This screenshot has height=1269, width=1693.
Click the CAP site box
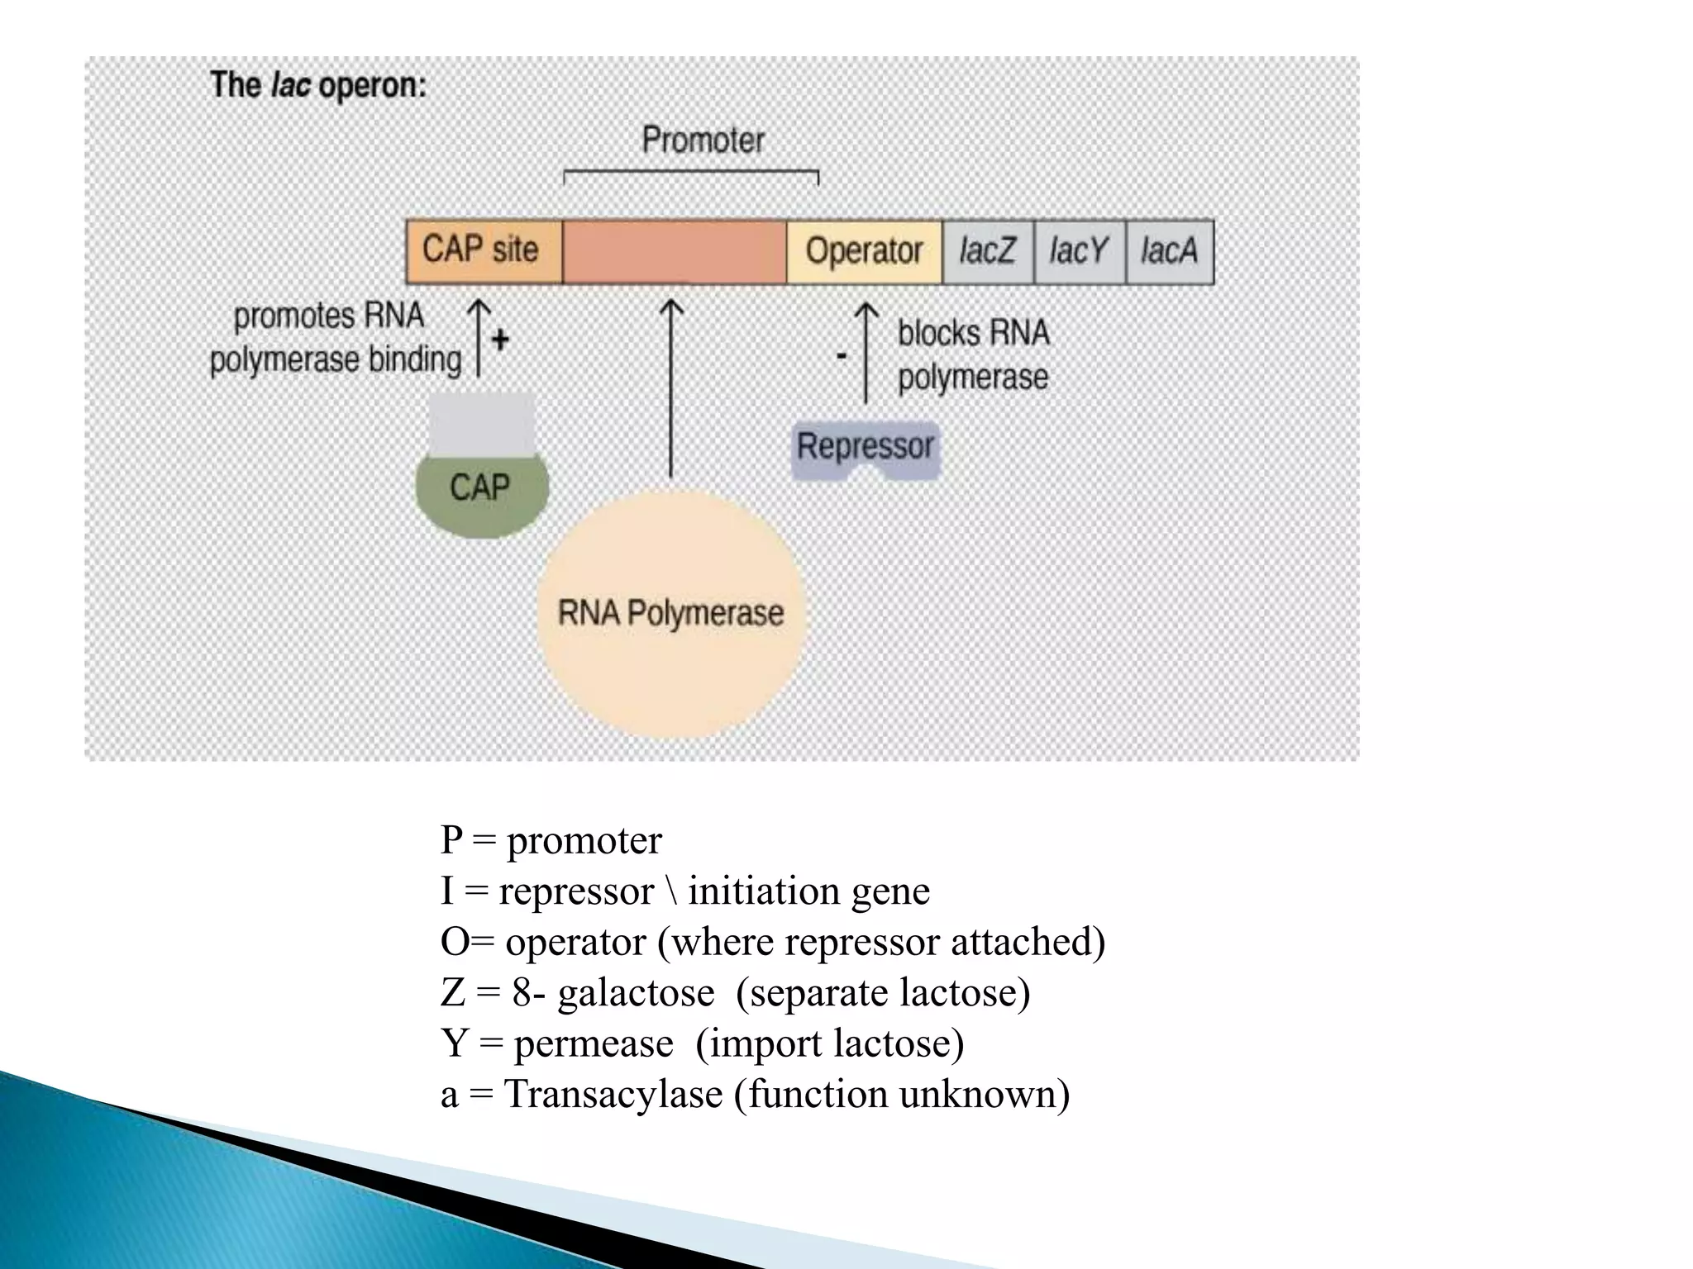(483, 250)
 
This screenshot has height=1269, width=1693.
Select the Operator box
(863, 251)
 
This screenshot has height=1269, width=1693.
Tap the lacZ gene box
(987, 251)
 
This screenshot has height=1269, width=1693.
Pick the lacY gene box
(1079, 251)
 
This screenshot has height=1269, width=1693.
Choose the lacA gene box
(1169, 251)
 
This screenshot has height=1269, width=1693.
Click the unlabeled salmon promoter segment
(674, 251)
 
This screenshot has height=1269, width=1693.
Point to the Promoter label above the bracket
(703, 140)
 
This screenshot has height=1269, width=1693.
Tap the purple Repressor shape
(865, 449)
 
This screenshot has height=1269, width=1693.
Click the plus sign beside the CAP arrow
(500, 340)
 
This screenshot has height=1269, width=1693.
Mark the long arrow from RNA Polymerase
(670, 388)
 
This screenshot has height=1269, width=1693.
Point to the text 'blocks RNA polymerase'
(973, 355)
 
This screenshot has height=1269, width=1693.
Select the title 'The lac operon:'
(318, 86)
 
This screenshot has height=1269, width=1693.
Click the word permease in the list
(594, 1043)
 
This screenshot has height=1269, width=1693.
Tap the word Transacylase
(613, 1094)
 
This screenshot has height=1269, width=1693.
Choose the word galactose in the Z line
(635, 992)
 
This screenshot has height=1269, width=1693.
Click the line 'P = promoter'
(551, 840)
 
